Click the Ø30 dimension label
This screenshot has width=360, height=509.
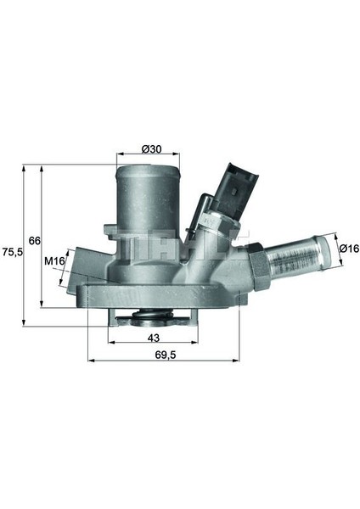pos(151,149)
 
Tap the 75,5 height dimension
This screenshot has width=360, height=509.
pos(11,252)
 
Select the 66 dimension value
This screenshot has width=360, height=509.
pos(35,241)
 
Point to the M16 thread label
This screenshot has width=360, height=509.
pos(55,260)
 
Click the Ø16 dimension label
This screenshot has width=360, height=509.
pos(349,249)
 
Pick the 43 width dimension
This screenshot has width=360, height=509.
pos(154,338)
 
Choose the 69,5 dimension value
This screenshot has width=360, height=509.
pos(165,355)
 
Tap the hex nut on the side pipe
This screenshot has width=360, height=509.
pos(259,266)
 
